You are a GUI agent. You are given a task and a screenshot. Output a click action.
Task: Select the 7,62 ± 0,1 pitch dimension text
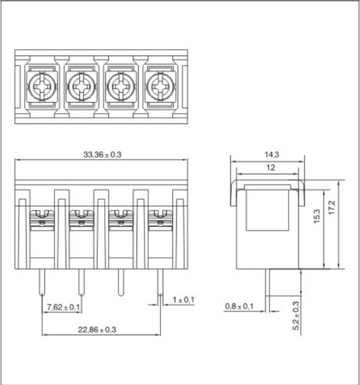pyautogui.click(x=63, y=307)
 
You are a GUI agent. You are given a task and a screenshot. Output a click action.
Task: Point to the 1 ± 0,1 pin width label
pyautogui.click(x=183, y=300)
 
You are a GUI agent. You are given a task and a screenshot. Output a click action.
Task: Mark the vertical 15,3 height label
pyautogui.click(x=317, y=216)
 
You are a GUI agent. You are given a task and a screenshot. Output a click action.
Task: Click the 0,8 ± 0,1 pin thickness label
pyautogui.click(x=239, y=307)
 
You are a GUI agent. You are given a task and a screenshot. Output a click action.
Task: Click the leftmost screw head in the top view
pyautogui.click(x=41, y=85)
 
